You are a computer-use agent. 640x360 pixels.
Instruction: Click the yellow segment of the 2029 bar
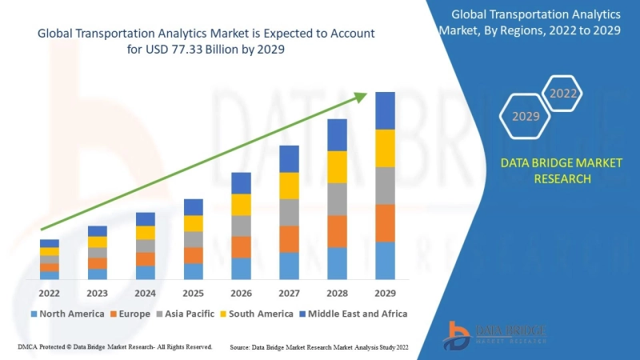click(386, 148)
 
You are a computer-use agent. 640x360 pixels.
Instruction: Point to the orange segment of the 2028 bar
click(337, 231)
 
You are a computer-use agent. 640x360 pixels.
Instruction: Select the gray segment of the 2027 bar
click(289, 212)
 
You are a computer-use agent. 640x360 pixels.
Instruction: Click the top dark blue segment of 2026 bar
click(241, 182)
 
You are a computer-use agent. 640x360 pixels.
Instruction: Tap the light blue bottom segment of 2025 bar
click(193, 271)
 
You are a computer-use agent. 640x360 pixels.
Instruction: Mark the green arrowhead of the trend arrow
click(361, 97)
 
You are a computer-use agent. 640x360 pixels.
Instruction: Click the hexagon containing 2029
click(526, 117)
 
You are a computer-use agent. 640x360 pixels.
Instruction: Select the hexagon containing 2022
click(563, 94)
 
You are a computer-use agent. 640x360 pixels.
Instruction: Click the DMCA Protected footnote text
click(114, 347)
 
